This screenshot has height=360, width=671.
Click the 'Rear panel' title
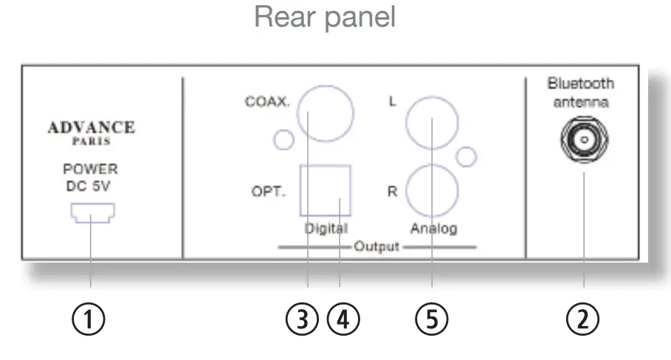tap(325, 17)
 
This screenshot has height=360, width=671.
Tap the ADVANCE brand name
tap(91, 127)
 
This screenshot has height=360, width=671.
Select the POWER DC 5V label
tap(91, 177)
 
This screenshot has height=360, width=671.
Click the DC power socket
tap(91, 214)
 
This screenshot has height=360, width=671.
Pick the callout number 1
tap(91, 319)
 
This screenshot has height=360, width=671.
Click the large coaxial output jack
tap(325, 112)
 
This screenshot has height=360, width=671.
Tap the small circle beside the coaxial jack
tap(283, 139)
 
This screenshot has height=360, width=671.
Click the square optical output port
tap(325, 190)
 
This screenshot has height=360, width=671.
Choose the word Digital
tap(326, 228)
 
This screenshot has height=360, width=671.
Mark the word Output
tap(376, 246)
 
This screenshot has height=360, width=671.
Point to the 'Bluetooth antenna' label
tap(583, 94)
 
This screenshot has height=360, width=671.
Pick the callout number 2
tap(583, 319)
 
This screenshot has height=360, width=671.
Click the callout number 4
tap(344, 319)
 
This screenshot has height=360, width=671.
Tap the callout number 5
tap(432, 319)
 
